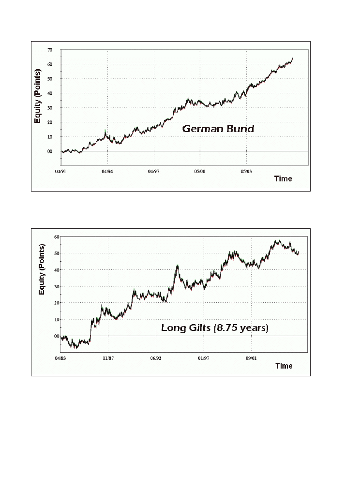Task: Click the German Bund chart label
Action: (x=218, y=129)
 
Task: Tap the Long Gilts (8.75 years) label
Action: (x=214, y=328)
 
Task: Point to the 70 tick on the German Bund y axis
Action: (x=50, y=50)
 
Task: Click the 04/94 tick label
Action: (x=107, y=171)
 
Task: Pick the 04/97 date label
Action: (x=153, y=171)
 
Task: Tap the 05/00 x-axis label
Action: (x=199, y=171)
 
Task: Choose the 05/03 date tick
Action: (x=246, y=171)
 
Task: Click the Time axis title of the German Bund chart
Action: (x=283, y=179)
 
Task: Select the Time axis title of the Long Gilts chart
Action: (x=284, y=366)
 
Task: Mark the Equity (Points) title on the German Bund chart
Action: (x=38, y=96)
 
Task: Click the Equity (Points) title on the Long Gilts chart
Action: (x=42, y=270)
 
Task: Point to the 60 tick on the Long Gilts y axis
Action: (x=57, y=237)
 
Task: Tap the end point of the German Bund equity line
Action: (x=293, y=59)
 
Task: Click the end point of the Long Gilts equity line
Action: (x=299, y=252)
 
